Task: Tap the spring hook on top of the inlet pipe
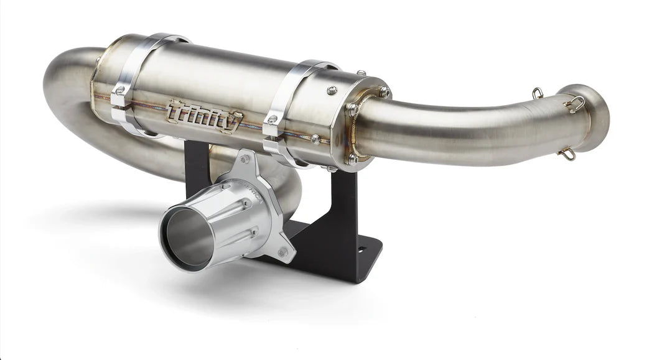536,93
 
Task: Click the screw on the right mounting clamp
272,119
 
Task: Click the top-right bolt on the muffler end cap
385,91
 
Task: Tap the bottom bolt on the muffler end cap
352,159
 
